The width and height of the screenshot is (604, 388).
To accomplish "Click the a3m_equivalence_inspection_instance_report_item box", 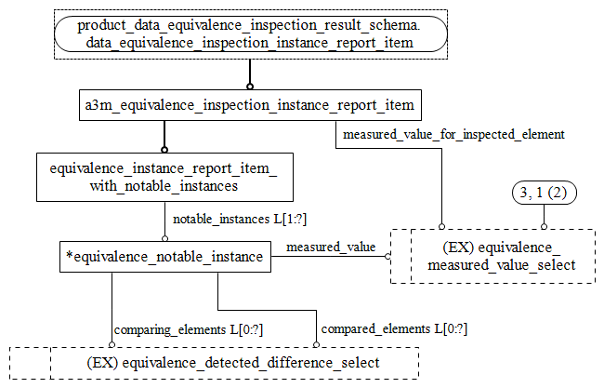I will [249, 105].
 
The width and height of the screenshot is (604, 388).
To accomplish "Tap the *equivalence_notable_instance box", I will [164, 257].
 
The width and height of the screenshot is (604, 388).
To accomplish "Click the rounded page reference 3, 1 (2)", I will [545, 194].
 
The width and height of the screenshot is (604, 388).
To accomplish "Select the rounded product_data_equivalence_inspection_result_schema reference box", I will [250, 34].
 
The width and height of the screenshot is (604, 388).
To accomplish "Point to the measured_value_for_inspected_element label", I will [453, 135].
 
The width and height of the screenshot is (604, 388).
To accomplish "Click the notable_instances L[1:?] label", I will [240, 219].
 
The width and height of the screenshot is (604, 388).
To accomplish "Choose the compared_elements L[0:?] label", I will [394, 329].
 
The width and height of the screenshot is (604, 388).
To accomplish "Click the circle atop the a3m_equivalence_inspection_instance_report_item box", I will [249, 87].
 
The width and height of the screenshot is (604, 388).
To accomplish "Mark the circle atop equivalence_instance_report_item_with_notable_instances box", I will [164, 149].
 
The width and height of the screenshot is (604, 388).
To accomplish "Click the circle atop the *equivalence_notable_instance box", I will [164, 238].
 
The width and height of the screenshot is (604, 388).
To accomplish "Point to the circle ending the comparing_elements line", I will [112, 344].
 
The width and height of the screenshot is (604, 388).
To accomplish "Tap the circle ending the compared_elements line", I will [316, 344].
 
